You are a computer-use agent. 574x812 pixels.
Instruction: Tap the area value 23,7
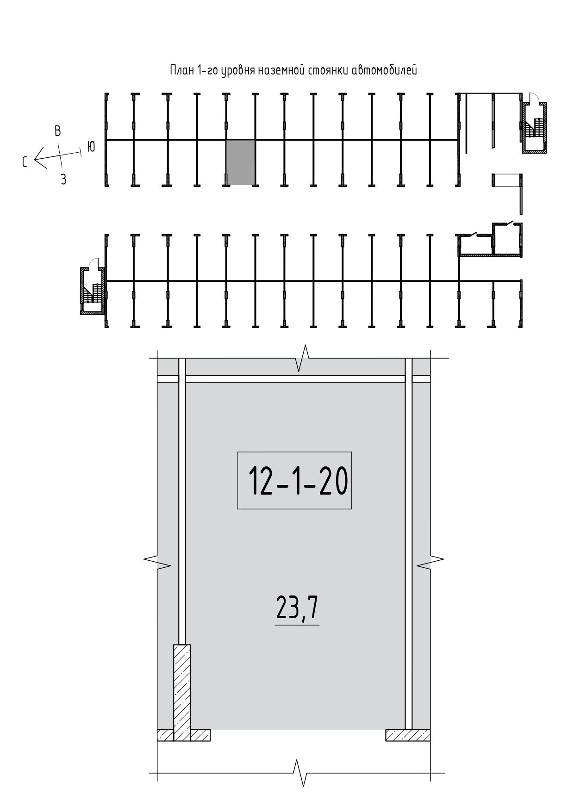click(297, 607)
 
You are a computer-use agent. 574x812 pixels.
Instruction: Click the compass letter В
click(57, 131)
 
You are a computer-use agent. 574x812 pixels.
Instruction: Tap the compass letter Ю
click(91, 147)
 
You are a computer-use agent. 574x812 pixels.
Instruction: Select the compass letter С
click(25, 162)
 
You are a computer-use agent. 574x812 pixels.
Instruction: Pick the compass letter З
click(63, 180)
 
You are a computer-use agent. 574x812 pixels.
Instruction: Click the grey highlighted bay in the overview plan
click(240, 162)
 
